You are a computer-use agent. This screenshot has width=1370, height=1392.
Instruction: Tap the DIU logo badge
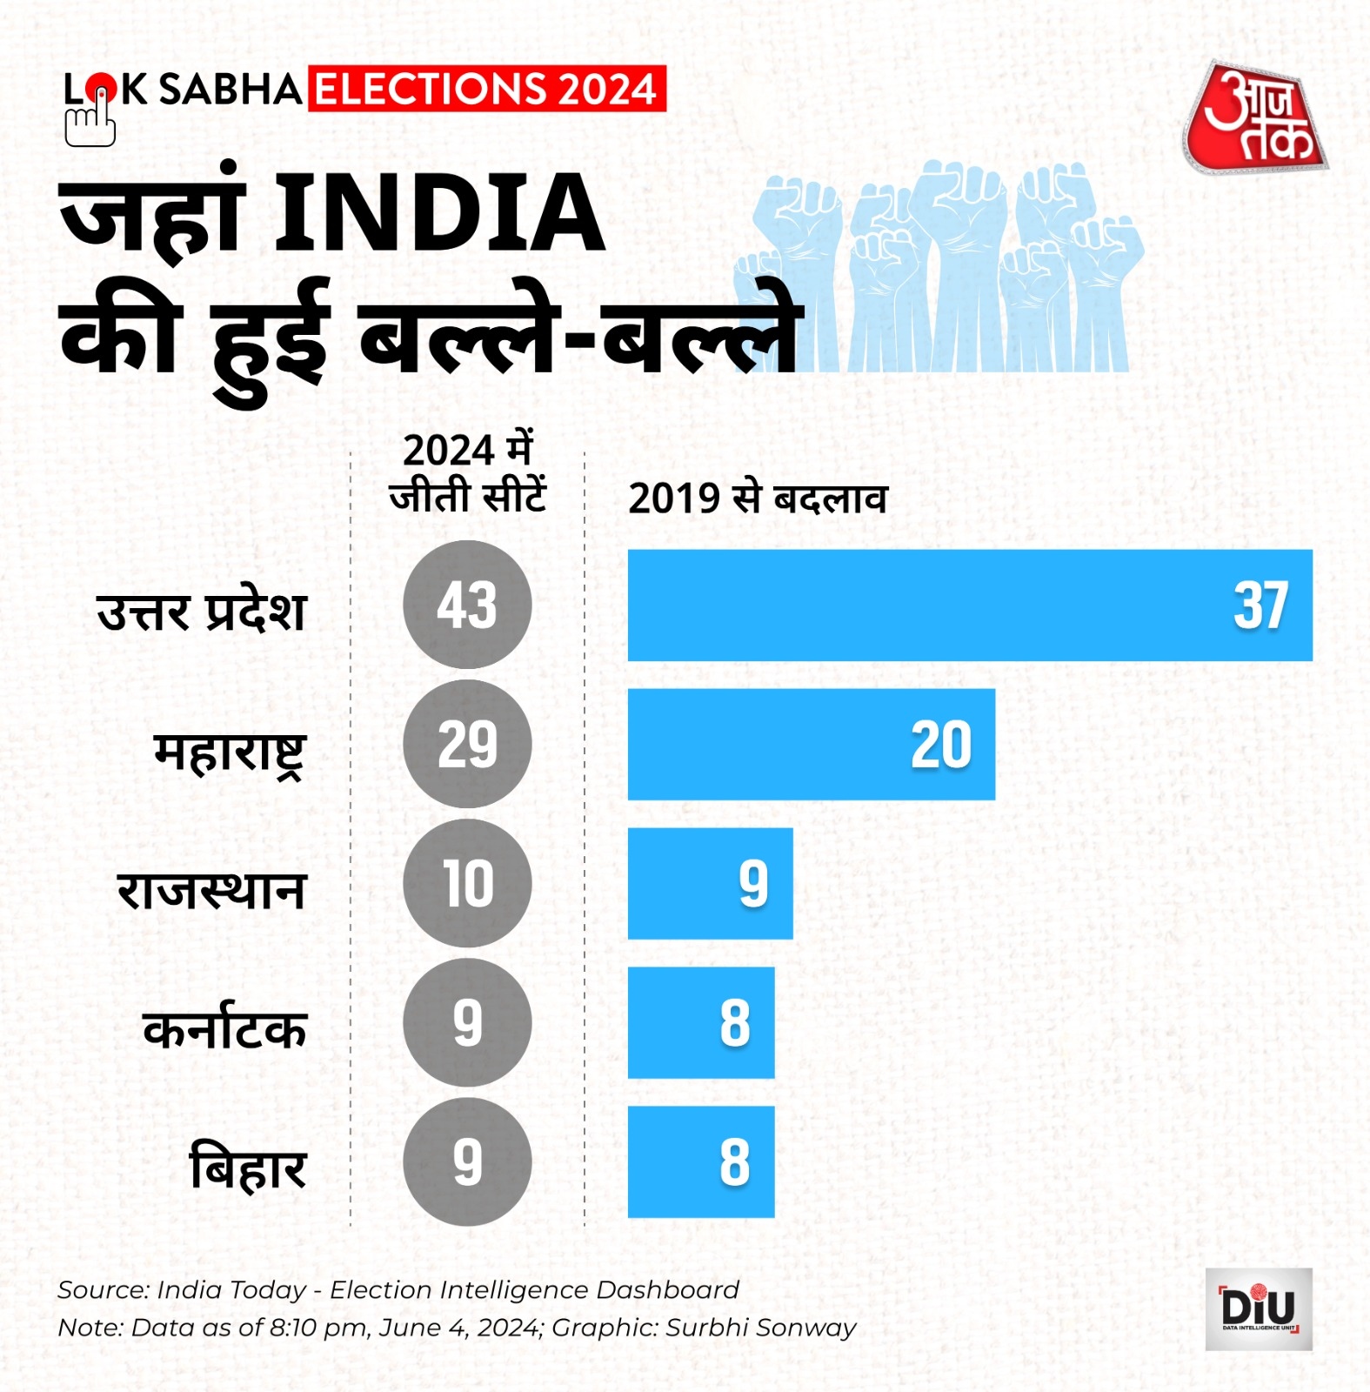click(1258, 1308)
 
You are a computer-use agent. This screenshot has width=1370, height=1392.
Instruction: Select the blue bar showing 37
click(969, 606)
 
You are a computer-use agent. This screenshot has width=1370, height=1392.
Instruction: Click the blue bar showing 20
click(811, 745)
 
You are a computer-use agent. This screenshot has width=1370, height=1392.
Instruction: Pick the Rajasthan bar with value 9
click(710, 884)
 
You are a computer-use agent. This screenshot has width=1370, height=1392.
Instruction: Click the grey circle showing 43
click(467, 605)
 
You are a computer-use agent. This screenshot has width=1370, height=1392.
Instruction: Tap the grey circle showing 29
click(467, 744)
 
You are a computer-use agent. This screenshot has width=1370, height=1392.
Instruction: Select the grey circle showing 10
click(467, 883)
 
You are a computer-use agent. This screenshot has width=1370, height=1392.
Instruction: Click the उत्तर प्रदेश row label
click(202, 611)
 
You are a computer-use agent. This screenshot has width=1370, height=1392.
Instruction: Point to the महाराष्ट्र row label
click(230, 753)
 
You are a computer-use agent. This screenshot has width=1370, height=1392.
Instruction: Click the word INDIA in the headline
click(439, 213)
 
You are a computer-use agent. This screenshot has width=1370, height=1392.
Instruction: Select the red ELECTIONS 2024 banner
click(486, 89)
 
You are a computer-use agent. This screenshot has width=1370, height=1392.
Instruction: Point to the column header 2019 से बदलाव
click(757, 499)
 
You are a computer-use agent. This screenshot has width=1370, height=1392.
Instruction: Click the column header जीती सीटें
click(467, 496)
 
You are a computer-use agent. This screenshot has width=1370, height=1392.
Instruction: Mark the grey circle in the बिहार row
click(467, 1161)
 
